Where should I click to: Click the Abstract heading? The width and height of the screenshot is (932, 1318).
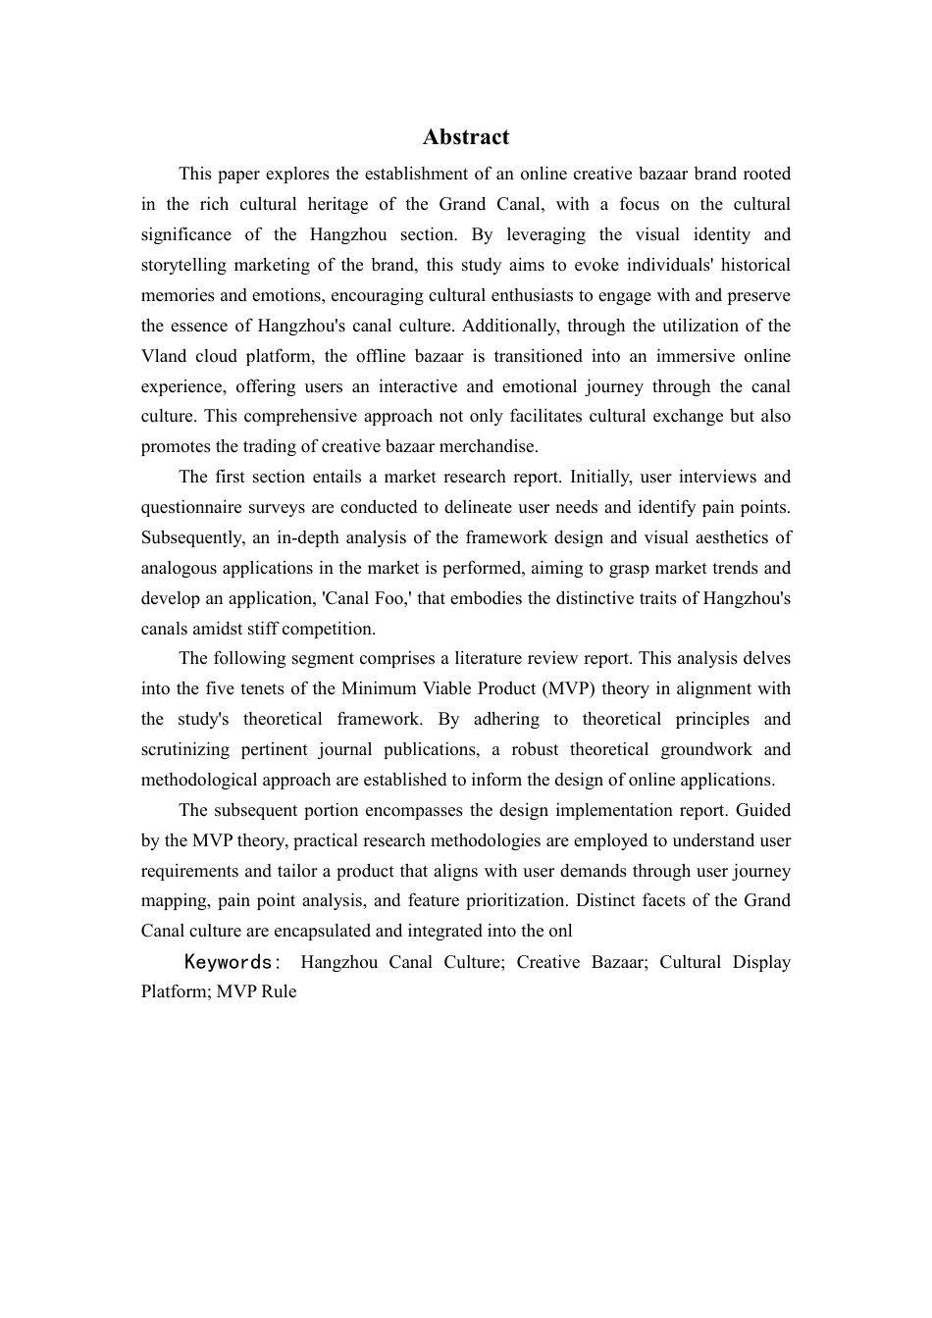tap(466, 137)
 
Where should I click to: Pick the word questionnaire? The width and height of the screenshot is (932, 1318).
tap(190, 507)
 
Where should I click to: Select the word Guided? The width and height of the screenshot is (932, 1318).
tap(763, 810)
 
